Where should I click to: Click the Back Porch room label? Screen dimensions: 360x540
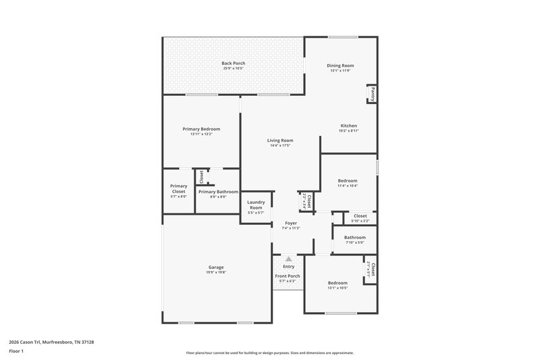coord(233,63)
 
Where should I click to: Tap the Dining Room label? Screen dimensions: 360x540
coord(340,66)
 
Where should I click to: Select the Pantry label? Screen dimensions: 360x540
coord(372,93)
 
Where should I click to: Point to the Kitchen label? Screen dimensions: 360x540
coord(348,126)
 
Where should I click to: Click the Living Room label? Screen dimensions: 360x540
coord(280,140)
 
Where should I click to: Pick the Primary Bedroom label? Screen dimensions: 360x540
coord(201,129)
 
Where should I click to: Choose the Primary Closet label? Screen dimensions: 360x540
coord(178,188)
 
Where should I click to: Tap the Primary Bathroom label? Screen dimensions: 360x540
coord(218,192)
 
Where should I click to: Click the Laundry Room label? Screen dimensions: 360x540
coord(256,205)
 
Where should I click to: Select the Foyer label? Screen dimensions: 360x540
coord(291,223)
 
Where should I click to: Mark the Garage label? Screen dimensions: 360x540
coord(216,267)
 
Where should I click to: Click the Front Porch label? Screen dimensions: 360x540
coord(288,276)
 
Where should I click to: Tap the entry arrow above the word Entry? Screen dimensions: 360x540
coord(288,258)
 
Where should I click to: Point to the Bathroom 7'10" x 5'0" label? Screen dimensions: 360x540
coord(354,238)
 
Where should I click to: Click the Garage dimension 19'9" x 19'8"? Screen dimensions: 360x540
coord(216,273)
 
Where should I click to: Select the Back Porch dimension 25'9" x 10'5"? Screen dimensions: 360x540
coord(233,68)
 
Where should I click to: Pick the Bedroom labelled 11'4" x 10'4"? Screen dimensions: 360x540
coord(348,181)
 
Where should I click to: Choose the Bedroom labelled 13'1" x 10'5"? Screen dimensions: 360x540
coord(337,283)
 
